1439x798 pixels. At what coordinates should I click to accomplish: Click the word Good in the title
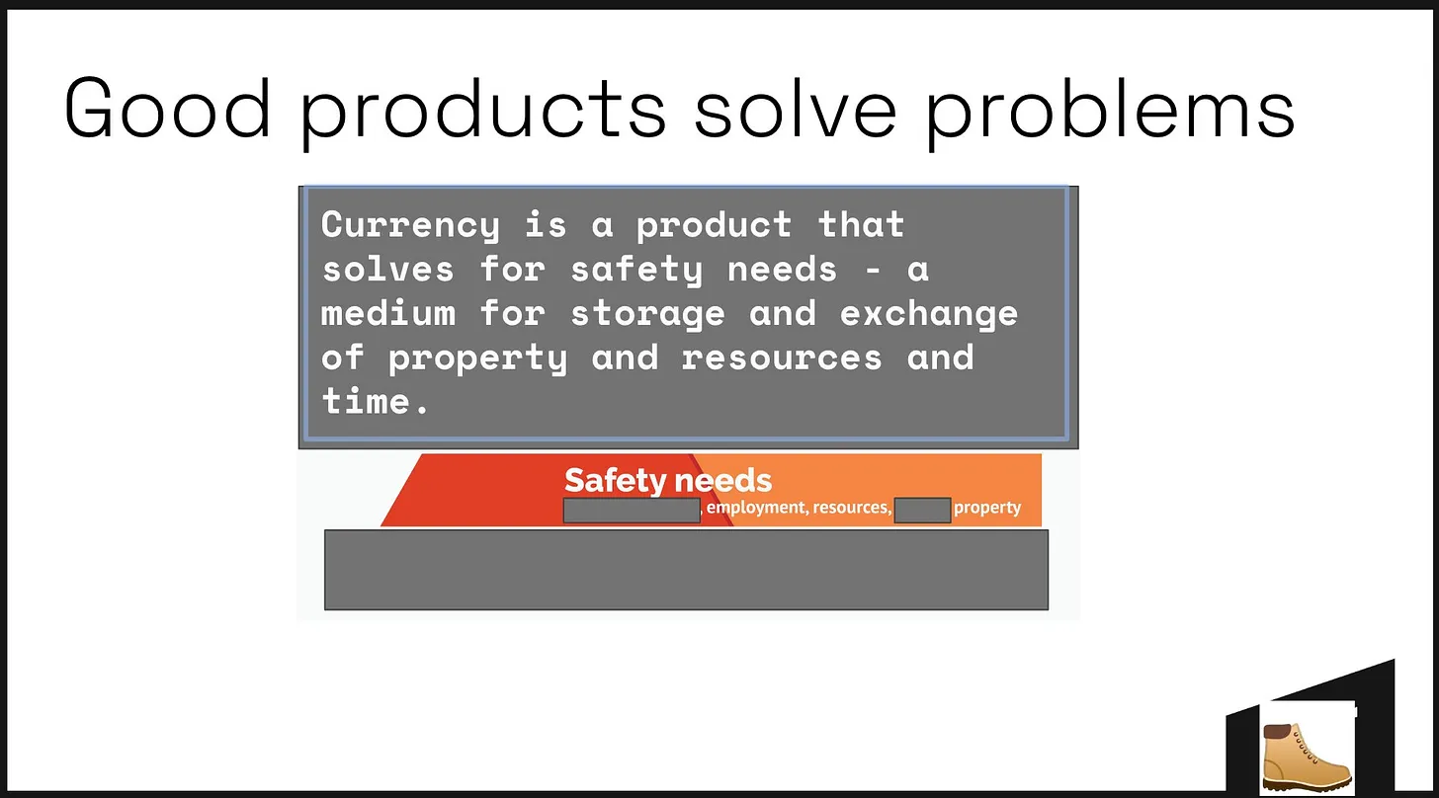167,108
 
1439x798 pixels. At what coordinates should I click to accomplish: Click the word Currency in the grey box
410,226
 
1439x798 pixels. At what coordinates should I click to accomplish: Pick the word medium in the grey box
388,313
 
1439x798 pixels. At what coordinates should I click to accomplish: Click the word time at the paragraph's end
366,401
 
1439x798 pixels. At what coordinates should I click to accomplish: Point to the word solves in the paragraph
388,269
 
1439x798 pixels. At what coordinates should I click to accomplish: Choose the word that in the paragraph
861,225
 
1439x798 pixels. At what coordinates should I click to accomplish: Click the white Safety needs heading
668,480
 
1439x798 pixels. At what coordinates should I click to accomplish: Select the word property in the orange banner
987,508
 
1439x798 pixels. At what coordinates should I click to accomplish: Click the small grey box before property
922,511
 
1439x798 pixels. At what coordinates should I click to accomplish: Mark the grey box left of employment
633,511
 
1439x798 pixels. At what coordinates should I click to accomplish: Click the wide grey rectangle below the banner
686,570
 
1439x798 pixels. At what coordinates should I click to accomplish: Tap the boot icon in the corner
1307,758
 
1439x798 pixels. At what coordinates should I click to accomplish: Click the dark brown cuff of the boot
1277,731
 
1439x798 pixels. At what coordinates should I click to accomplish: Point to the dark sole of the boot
1307,784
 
